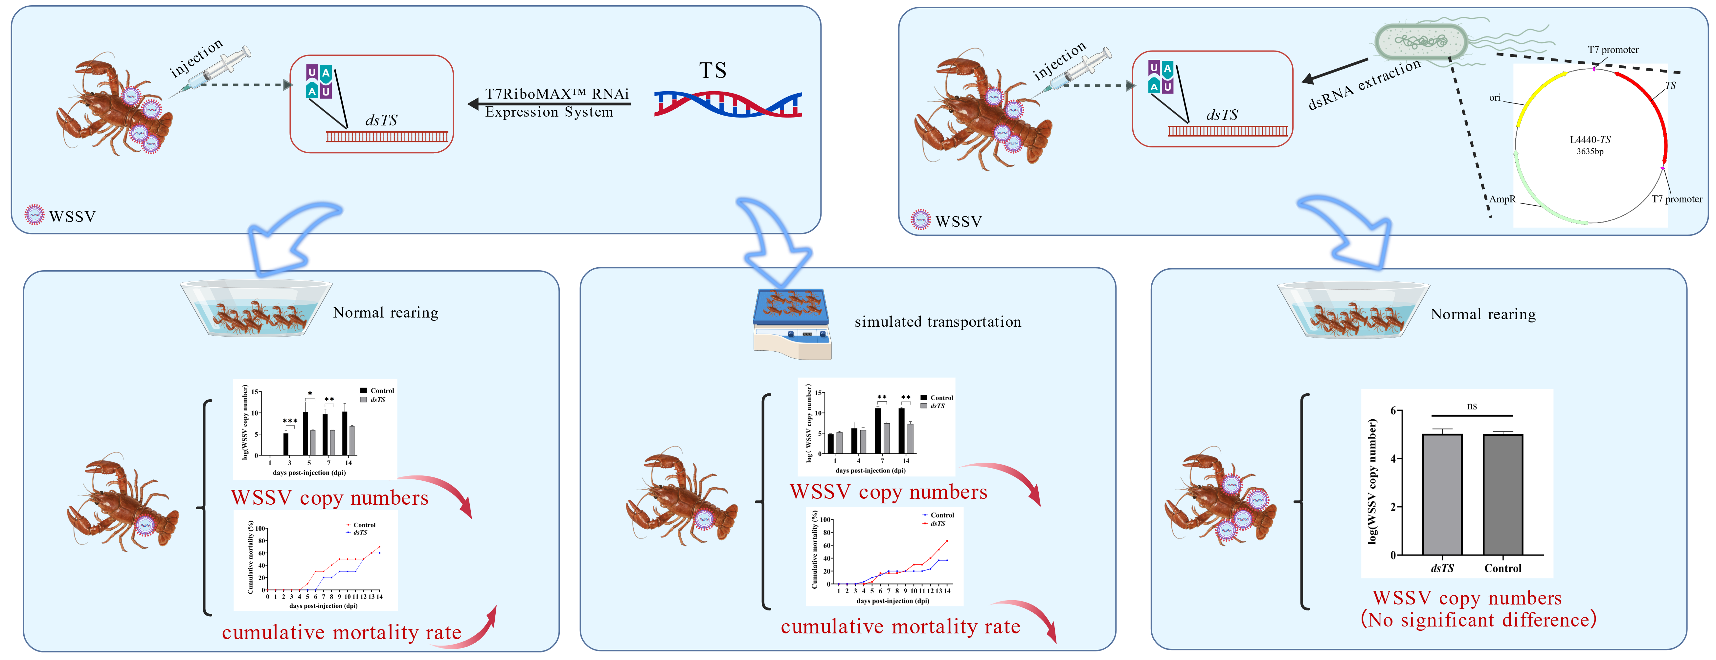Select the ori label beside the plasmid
pos(1495,98)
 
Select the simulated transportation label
pos(937,322)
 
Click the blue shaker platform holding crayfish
pos(791,308)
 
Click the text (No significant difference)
pos(1478,620)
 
